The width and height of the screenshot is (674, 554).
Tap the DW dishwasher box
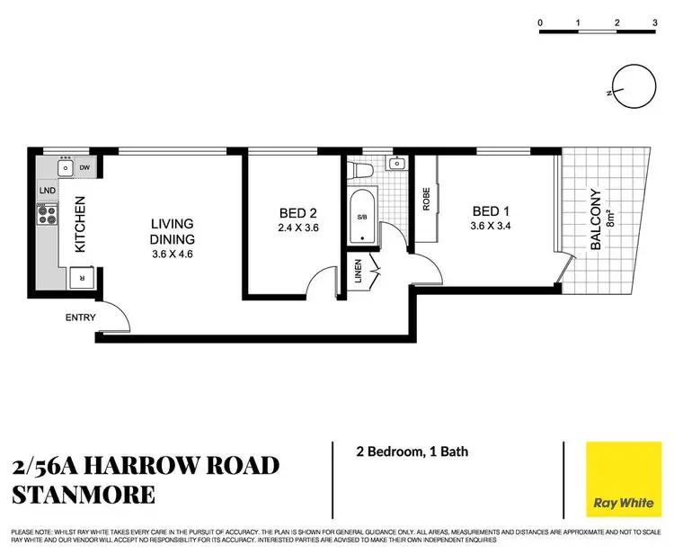click(x=84, y=167)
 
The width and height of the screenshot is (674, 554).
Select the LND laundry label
click(x=46, y=191)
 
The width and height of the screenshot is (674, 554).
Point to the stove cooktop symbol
click(x=47, y=215)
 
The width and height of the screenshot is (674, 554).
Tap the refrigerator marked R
click(x=83, y=278)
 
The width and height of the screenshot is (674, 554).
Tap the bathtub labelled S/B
click(x=362, y=217)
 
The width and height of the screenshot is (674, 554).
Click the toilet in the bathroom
click(x=360, y=167)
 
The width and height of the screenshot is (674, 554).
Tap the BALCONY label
click(x=592, y=219)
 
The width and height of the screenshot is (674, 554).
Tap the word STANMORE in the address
click(x=84, y=494)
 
